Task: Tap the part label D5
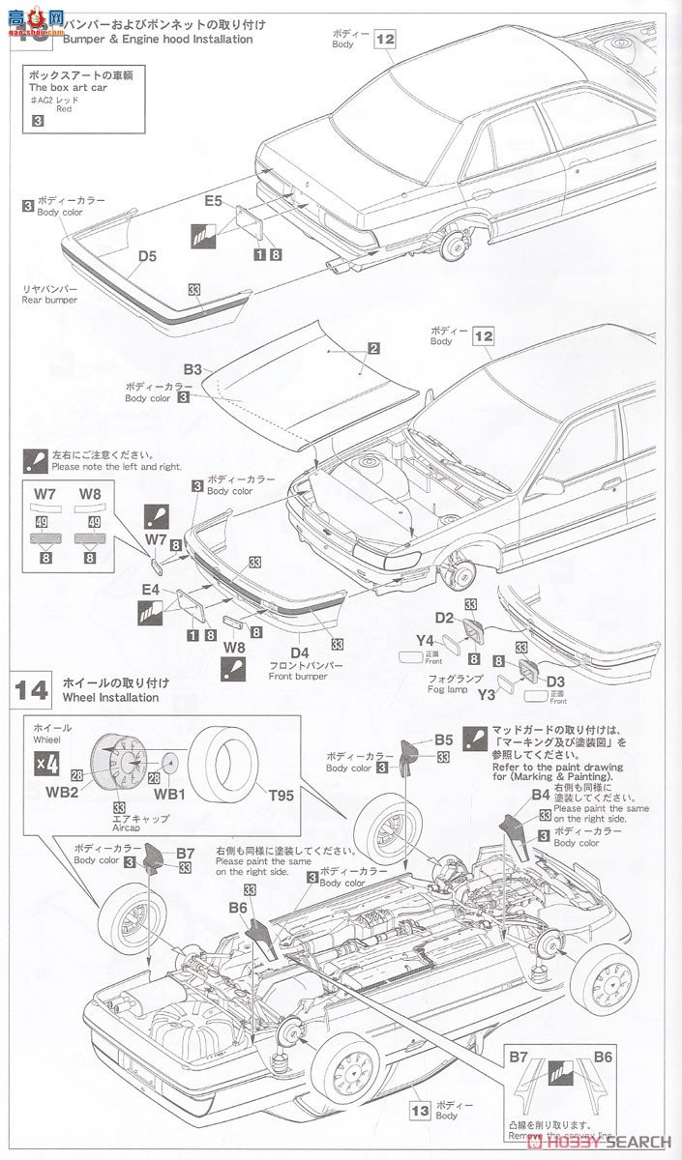coord(147,256)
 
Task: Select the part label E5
coord(213,201)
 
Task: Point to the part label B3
coord(193,369)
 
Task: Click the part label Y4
coord(425,638)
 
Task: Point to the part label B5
coord(443,739)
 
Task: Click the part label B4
coord(541,795)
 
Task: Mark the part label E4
coord(150,589)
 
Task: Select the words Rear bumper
coord(48,300)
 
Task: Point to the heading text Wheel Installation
coord(110,696)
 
